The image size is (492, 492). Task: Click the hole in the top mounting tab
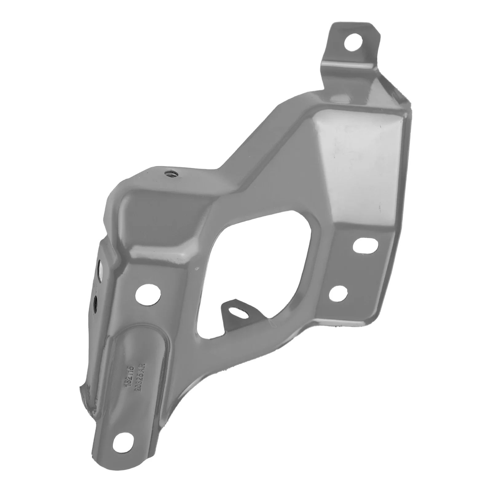coord(352,43)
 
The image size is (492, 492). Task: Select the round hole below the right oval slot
coord(338,295)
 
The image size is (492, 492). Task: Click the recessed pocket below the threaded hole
coord(160,221)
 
